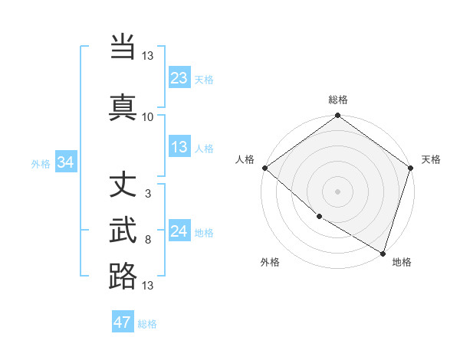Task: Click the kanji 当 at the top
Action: (123, 47)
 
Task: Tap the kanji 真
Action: (123, 106)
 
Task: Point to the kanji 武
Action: (123, 231)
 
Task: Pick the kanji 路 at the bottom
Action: (123, 276)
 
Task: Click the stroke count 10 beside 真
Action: (147, 116)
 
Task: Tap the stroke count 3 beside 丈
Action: (147, 195)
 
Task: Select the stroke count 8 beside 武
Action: (147, 240)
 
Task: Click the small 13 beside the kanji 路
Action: (147, 286)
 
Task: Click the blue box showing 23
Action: (179, 77)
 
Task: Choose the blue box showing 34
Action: (65, 162)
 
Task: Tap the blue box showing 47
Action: (123, 322)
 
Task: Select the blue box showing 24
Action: (179, 231)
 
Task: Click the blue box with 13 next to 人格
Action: (179, 147)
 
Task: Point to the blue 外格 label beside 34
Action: (41, 163)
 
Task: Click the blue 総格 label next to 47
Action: (147, 324)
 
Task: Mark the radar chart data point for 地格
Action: (383, 252)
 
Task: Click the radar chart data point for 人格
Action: (264, 168)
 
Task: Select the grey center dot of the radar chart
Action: (337, 191)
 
